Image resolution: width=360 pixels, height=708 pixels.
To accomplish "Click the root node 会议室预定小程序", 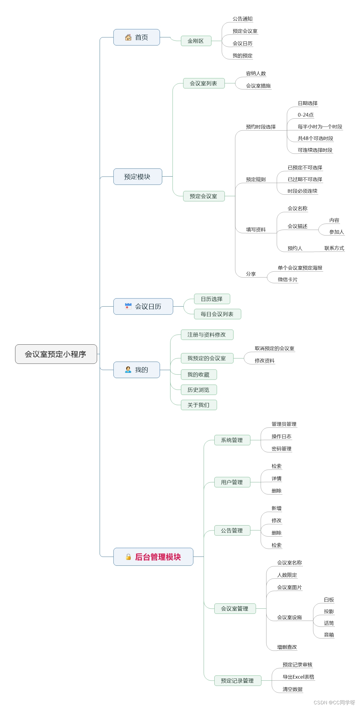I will coord(56,354).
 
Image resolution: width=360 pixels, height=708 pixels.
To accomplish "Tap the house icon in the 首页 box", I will coord(128,37).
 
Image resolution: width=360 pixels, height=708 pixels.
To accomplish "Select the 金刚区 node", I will coord(196,41).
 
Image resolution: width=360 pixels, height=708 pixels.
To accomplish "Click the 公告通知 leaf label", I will coord(242,19).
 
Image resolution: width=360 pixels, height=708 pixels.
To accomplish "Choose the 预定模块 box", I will coord(137,177).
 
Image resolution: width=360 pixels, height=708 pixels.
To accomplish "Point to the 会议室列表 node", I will coord(203,83).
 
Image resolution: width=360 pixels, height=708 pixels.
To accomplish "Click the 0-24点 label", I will coord(305,115).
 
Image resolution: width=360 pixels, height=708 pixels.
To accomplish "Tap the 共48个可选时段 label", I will coord(315,138).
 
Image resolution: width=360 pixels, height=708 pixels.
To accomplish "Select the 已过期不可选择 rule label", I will coord(305,179).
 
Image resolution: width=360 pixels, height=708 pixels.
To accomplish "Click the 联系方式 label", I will coord(334,248).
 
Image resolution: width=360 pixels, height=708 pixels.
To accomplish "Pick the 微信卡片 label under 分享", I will coord(287,279).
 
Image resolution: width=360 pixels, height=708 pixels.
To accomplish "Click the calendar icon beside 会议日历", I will coord(128,306).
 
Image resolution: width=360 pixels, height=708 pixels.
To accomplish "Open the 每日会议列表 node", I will coord(217,314).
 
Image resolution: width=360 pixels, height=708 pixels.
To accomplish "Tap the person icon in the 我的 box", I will coord(128,370).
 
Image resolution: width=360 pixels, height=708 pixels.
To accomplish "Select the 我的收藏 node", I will coord(198,375).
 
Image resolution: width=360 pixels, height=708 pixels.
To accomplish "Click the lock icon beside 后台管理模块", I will coord(128,557).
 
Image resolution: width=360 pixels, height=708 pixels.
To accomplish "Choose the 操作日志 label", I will coord(281,436).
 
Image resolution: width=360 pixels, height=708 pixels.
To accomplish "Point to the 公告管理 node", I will coord(232,530).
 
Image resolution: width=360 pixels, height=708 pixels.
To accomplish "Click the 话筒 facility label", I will coord(329,623).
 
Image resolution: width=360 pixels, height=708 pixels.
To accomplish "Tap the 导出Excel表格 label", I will coord(298,677).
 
